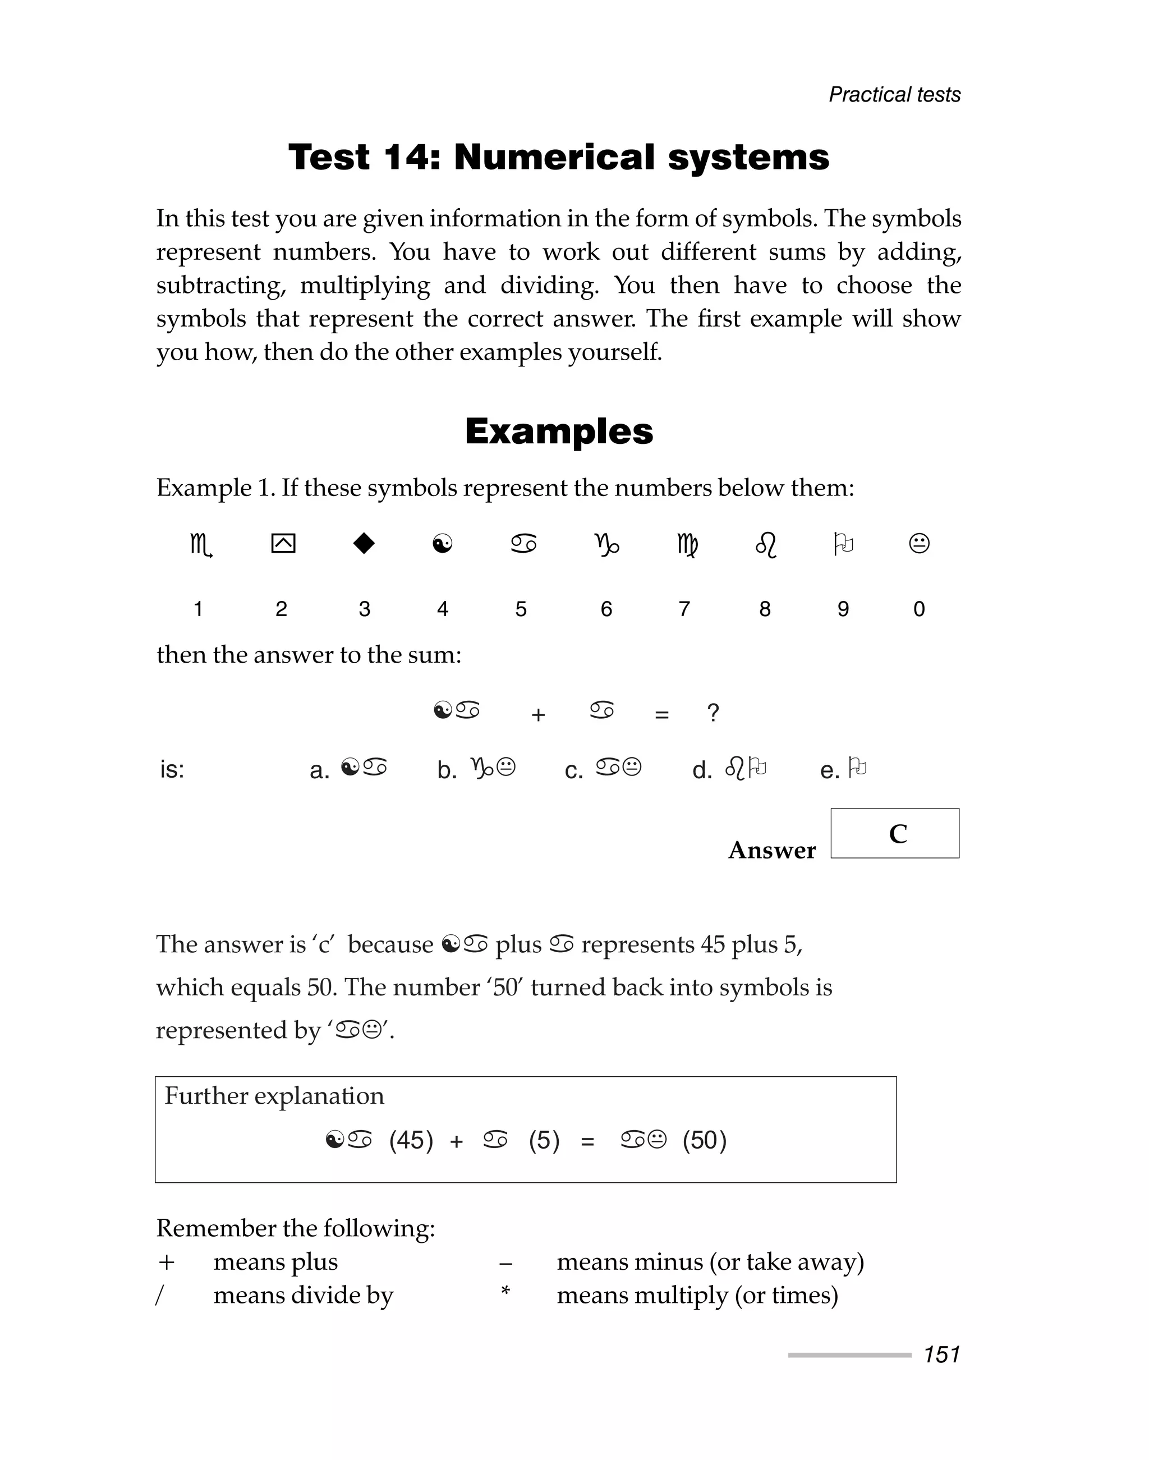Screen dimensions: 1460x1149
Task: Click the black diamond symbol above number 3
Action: click(364, 543)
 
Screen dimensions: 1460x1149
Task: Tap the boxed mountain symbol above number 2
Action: click(283, 543)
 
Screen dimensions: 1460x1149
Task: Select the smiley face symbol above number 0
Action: click(919, 543)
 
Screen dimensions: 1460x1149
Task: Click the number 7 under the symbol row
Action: click(684, 609)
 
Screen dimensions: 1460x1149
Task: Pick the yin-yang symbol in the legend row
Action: click(443, 543)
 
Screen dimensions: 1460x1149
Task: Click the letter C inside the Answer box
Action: click(898, 834)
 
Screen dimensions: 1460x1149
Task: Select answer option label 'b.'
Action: click(447, 770)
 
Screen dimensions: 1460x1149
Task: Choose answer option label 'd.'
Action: click(702, 770)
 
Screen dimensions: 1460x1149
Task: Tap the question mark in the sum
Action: click(713, 713)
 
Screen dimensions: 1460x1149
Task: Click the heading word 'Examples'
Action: click(558, 431)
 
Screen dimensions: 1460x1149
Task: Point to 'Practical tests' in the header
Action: click(894, 95)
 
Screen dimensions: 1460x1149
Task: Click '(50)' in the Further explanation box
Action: click(704, 1140)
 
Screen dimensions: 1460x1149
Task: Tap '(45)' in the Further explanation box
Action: click(411, 1140)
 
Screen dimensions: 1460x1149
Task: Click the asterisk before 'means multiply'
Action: click(505, 1291)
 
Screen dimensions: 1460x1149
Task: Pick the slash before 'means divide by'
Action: click(159, 1295)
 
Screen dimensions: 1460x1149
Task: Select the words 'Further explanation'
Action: click(274, 1096)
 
